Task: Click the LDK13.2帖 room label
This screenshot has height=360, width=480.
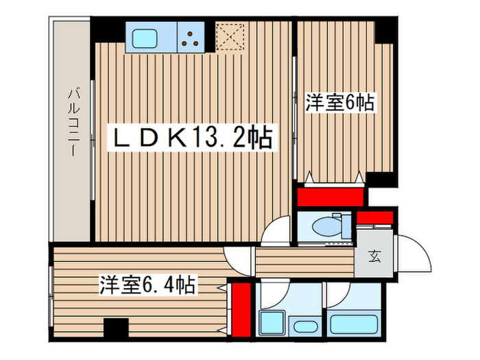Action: (193, 138)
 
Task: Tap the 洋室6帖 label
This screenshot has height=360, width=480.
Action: (339, 103)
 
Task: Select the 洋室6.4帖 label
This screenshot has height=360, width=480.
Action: (149, 284)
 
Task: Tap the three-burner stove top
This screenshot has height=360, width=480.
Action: (193, 38)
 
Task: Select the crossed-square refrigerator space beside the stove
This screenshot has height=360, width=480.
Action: (230, 37)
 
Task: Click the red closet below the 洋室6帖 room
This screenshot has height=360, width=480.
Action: (330, 197)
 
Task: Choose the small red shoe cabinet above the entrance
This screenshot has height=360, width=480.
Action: (374, 218)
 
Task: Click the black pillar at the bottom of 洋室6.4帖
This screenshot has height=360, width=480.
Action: (115, 329)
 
